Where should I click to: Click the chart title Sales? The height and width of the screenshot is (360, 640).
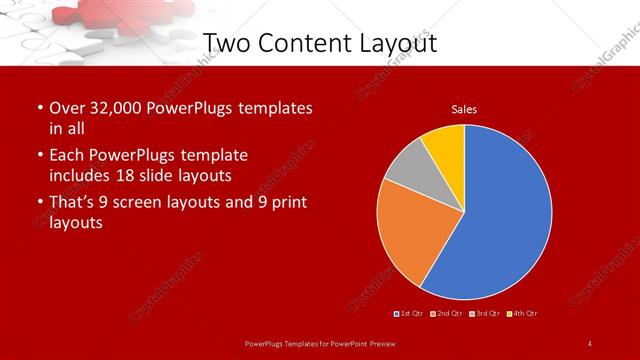pos(464,109)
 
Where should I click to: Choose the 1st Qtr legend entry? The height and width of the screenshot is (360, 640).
pos(410,314)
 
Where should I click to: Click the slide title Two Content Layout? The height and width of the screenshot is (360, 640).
pos(319,43)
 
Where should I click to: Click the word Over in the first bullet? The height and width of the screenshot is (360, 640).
pos(65,108)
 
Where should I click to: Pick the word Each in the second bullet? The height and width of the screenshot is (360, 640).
pos(66,156)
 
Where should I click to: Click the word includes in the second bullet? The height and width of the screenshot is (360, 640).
pos(83,175)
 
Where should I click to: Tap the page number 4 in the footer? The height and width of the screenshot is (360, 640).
pos(590,344)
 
